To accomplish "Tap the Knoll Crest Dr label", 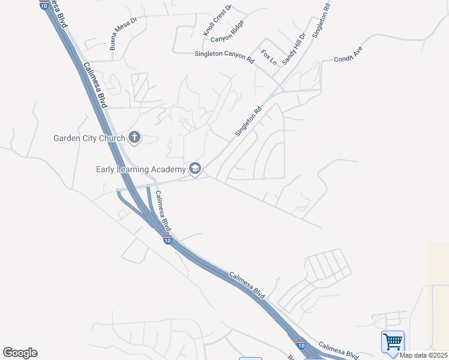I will point(217,20).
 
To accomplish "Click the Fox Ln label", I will point(269,57).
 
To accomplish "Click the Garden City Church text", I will point(89,138).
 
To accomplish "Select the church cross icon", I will point(134,138).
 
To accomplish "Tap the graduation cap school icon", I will point(194,169).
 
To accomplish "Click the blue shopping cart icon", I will point(393,342).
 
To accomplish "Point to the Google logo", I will point(20,353).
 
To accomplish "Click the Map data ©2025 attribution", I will point(423,355).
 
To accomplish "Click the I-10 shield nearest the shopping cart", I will point(301,345).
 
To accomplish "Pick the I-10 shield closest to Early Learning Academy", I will point(167,240).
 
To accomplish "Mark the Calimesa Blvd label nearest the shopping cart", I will point(339,350).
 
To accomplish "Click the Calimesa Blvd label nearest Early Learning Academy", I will point(163,211).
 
